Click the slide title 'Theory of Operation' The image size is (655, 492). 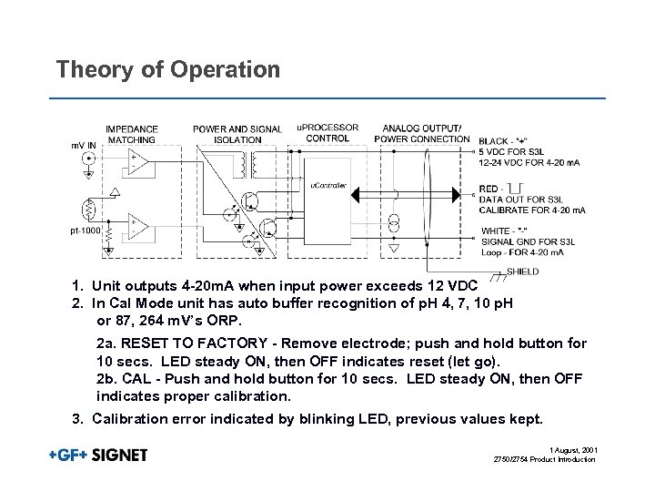click(x=167, y=69)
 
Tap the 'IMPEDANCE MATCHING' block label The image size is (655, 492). click(x=132, y=134)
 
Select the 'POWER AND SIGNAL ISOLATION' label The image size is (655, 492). click(x=237, y=134)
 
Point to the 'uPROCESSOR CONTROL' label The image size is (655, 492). click(x=327, y=133)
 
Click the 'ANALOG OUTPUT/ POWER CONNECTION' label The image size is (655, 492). click(x=422, y=134)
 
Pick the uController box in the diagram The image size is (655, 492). click(x=328, y=186)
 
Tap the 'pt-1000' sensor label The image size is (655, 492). click(x=86, y=231)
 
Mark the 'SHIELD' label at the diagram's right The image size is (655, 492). click(x=522, y=272)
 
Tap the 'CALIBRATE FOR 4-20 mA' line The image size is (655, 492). click(x=531, y=210)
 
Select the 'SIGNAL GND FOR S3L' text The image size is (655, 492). click(x=522, y=241)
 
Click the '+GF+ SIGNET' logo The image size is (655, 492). click(x=98, y=455)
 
